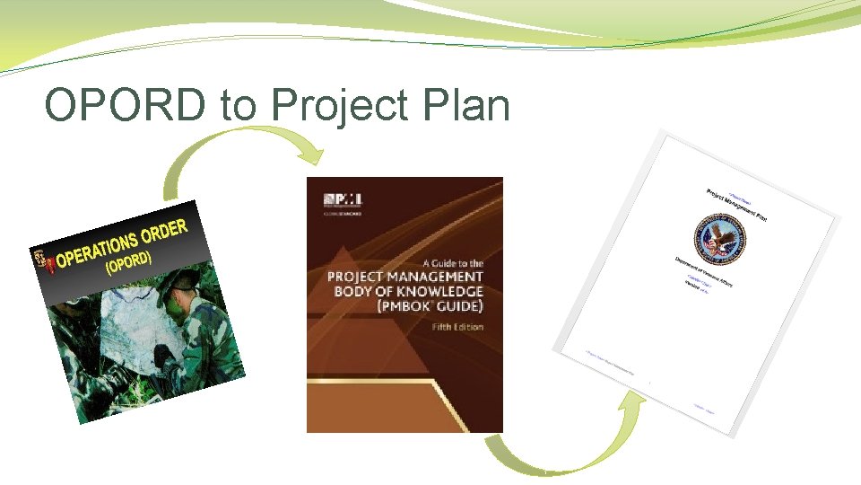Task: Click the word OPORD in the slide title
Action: click(x=124, y=106)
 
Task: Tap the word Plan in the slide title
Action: click(x=466, y=106)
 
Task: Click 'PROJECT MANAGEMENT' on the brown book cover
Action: click(x=405, y=277)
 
